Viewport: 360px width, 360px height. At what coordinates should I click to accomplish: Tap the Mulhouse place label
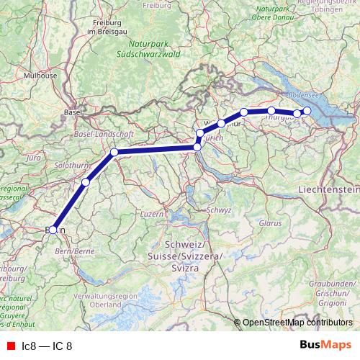(40, 74)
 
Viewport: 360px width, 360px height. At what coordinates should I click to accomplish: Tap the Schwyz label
(220, 210)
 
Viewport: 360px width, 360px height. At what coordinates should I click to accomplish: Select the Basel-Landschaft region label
(101, 134)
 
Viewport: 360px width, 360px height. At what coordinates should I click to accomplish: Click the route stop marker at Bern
(53, 230)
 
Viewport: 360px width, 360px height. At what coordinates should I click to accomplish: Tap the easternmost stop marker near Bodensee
(307, 110)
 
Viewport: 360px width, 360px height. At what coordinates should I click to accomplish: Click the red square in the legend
(10, 346)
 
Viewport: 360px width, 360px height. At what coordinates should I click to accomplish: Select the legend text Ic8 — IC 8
(48, 346)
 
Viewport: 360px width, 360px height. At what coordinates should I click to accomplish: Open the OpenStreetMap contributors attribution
(297, 322)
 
